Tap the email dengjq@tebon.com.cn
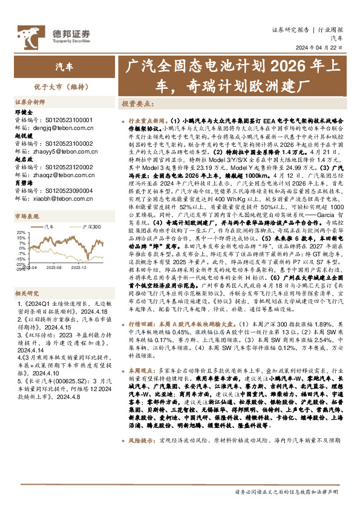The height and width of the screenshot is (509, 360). (x=61, y=128)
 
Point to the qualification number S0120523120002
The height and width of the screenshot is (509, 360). (x=70, y=167)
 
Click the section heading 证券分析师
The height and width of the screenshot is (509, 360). (x=30, y=103)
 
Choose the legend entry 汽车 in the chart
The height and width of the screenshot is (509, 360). (x=49, y=227)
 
